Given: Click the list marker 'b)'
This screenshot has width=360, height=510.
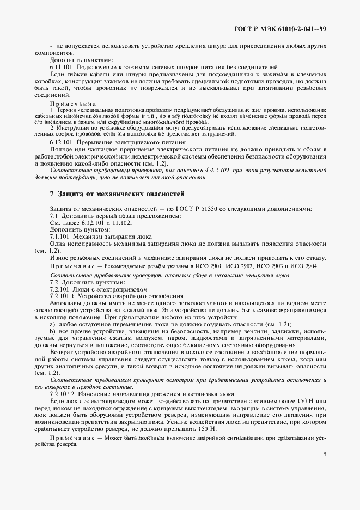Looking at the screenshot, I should [x=52, y=331].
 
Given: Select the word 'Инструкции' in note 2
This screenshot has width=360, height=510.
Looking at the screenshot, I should [x=75, y=127].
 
